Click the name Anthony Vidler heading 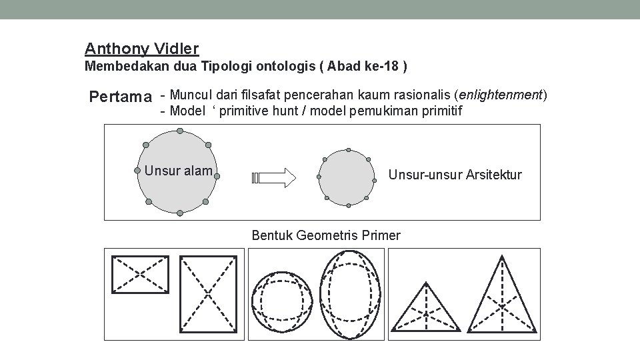point(142,49)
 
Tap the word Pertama point(121,97)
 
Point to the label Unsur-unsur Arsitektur point(455,175)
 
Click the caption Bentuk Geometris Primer point(326,235)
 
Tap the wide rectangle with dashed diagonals point(140,274)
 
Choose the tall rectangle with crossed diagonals point(209,293)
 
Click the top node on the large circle point(179,131)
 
